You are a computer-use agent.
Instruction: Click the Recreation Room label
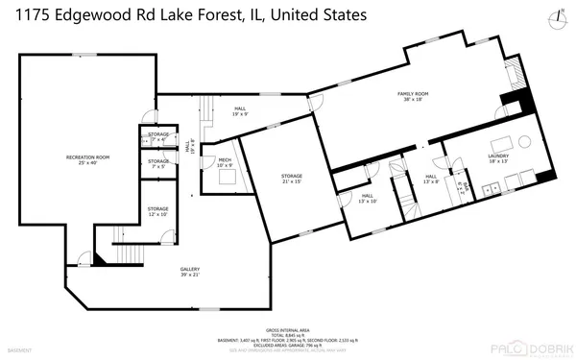(x=87, y=159)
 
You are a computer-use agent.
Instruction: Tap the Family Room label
(x=413, y=96)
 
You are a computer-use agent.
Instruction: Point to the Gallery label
(x=190, y=272)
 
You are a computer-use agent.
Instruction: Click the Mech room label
(x=224, y=162)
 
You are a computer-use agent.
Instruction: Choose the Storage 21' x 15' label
(x=292, y=180)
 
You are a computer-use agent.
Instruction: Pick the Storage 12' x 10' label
(x=157, y=211)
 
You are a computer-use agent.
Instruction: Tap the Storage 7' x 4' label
(x=158, y=137)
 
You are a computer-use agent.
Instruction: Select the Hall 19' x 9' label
(x=240, y=112)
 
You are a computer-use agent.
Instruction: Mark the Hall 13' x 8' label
(x=431, y=180)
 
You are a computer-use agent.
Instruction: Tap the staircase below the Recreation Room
(x=119, y=236)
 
